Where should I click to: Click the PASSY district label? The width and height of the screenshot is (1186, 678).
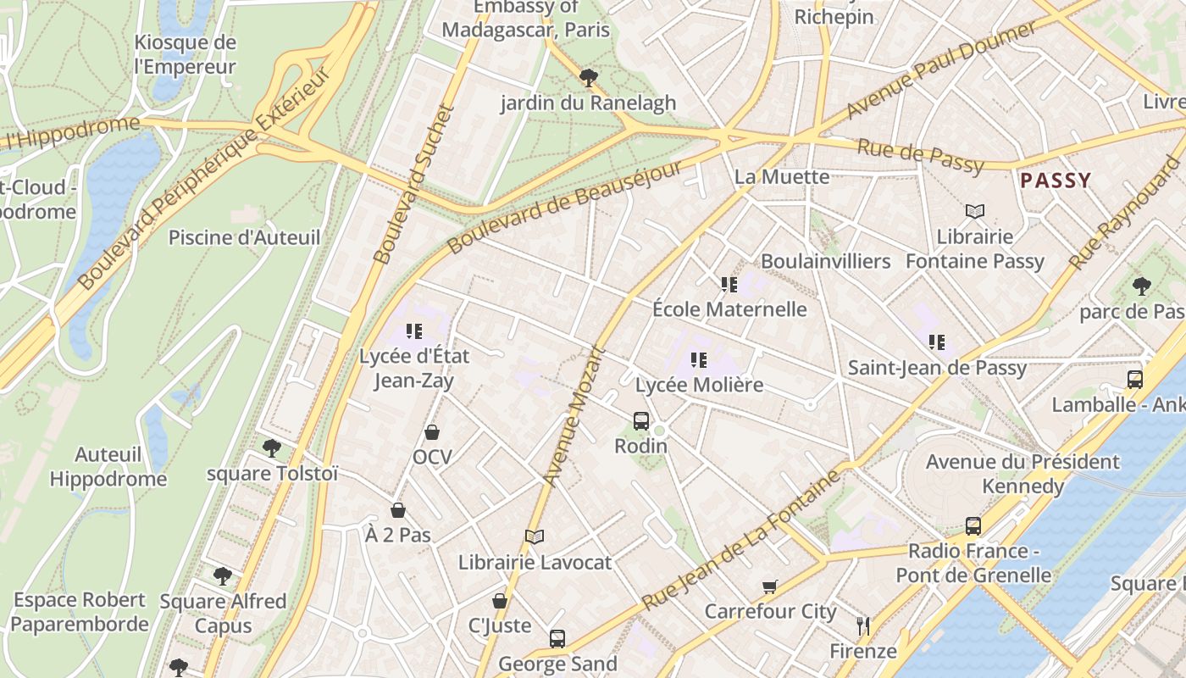[1056, 180]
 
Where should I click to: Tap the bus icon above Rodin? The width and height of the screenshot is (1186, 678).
[641, 420]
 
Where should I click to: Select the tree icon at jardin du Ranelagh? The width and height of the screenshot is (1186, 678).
[588, 78]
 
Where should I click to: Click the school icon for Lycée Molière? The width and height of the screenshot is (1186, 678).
[698, 360]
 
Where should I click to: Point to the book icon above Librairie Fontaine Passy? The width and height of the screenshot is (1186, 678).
[975, 211]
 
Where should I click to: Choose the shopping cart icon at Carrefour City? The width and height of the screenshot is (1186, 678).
[770, 586]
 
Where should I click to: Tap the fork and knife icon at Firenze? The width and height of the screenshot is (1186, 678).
[863, 626]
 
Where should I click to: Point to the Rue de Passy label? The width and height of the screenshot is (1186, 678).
[920, 157]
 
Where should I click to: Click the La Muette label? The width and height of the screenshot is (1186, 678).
[782, 176]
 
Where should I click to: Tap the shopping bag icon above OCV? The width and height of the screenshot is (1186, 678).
[432, 432]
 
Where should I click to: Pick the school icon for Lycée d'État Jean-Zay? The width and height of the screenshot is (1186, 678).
[413, 331]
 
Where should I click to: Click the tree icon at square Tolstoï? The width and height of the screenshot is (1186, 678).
[272, 447]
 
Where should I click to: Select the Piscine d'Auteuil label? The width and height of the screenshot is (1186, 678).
[244, 237]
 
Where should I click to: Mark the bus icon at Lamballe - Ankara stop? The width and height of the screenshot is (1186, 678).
[1135, 380]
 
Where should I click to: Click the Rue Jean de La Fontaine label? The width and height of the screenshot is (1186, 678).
[742, 539]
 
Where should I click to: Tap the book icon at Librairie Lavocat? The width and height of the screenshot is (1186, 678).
[534, 536]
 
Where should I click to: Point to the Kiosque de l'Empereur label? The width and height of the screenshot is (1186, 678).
[185, 54]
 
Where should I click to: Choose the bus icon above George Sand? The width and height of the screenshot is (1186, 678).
[557, 639]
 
